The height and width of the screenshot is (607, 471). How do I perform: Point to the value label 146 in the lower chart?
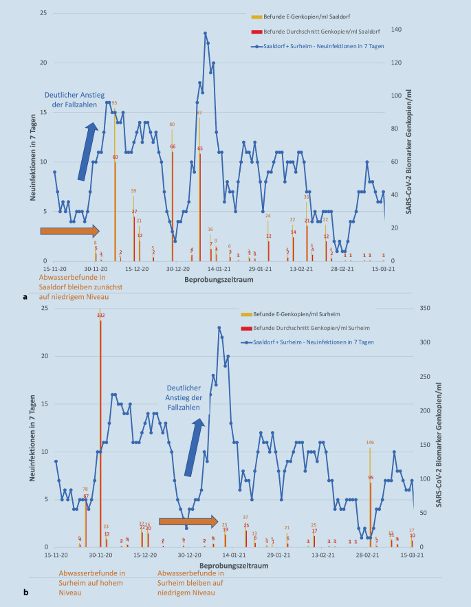pyautogui.click(x=370, y=442)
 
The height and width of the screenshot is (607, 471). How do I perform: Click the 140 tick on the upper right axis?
pyautogui.click(x=395, y=30)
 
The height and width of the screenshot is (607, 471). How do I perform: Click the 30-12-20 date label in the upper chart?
pyautogui.click(x=177, y=269)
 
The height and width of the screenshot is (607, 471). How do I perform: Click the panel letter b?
pyautogui.click(x=25, y=592)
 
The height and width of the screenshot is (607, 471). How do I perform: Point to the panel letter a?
pyautogui.click(x=25, y=297)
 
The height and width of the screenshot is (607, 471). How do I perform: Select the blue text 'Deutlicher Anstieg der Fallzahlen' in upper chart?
pyautogui.click(x=73, y=100)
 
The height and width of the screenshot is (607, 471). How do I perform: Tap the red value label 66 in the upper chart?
pyautogui.click(x=172, y=146)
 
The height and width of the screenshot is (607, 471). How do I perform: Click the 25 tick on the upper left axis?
pyautogui.click(x=43, y=14)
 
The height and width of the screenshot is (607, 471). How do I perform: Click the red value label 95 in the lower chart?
pyautogui.click(x=371, y=477)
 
